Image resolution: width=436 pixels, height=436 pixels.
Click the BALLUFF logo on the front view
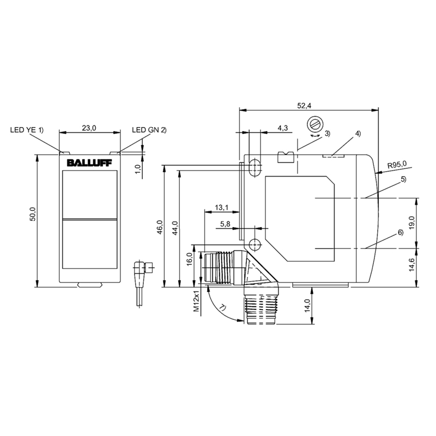tap(89, 162)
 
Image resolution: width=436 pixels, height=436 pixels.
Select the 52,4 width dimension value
tap(304, 105)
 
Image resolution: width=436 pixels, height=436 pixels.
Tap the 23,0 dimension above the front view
tap(89, 128)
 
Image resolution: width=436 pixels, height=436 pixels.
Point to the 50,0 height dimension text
tap(33, 214)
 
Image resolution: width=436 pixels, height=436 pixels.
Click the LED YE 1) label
tap(27, 130)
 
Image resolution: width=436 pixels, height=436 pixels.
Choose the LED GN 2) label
tap(149, 130)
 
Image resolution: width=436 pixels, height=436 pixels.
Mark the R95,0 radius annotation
tap(397, 165)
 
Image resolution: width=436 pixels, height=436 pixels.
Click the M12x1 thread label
tap(197, 301)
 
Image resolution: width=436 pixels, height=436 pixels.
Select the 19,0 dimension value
tap(412, 222)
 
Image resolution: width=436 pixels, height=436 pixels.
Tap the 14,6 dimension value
tap(412, 265)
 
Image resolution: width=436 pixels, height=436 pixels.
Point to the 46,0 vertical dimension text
tap(160, 227)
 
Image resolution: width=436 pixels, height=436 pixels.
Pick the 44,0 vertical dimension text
tap(175, 228)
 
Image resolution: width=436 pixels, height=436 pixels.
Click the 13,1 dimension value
tap(222, 207)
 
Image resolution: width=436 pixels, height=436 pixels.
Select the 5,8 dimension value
tap(225, 223)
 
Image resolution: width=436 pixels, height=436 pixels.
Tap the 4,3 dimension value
tap(282, 128)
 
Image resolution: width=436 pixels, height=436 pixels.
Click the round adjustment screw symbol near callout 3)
tap(315, 124)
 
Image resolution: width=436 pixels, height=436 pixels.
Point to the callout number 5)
tap(403, 180)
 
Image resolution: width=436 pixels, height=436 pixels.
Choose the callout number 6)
tap(400, 232)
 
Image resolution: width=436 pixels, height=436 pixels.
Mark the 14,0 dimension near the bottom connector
tap(307, 305)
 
